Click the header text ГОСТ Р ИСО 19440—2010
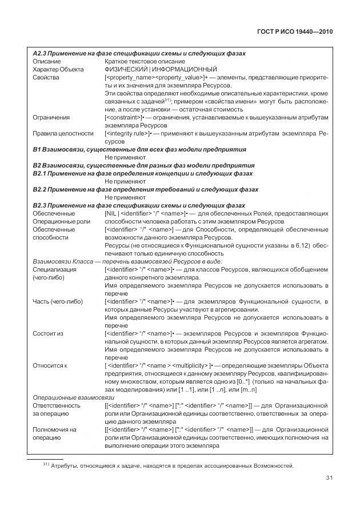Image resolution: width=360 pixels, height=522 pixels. [293, 32]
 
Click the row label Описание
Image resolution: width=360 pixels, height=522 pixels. [47, 61]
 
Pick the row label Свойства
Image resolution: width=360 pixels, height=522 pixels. [46, 77]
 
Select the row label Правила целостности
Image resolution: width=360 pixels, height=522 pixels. [63, 133]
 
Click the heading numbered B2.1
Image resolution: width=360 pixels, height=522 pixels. [141, 173]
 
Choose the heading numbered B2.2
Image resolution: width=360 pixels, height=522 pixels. [145, 189]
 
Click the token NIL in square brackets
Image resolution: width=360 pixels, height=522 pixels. [113, 213]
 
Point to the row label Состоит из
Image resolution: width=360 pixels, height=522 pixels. [49, 332]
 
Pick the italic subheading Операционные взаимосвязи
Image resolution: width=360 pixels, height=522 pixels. [74, 396]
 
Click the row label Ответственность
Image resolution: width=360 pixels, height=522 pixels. [59, 405]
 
